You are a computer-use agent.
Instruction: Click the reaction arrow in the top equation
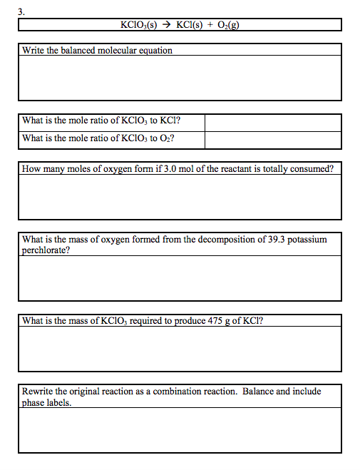click(166, 25)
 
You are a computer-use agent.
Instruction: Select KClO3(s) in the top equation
click(140, 25)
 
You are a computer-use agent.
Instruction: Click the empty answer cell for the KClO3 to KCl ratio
click(273, 122)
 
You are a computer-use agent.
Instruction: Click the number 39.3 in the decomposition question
click(272, 240)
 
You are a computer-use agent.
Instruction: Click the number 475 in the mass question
click(215, 321)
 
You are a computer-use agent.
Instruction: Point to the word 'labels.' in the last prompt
click(58, 402)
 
